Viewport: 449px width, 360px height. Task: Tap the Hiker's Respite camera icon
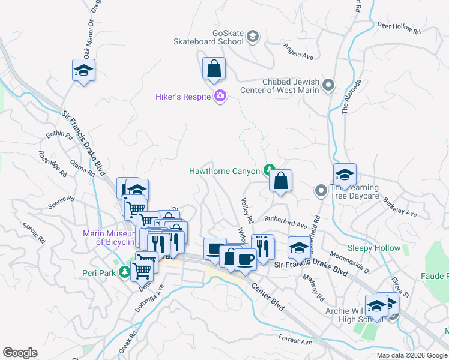coord(220,96)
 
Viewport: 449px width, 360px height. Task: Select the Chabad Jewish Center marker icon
coord(328,86)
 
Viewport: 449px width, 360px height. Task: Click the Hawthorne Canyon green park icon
coord(270,171)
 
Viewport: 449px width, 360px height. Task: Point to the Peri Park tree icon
coord(124,272)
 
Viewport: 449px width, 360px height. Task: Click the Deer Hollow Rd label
coord(399,27)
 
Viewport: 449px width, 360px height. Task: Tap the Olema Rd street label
coord(83,168)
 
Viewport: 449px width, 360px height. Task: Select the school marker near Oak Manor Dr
coord(84,71)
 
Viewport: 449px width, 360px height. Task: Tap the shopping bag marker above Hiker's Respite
coord(214,70)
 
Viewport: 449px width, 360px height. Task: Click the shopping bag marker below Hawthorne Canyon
coord(280,180)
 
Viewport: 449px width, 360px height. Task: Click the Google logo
coord(20,353)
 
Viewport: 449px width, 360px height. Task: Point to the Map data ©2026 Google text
coord(412,355)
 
